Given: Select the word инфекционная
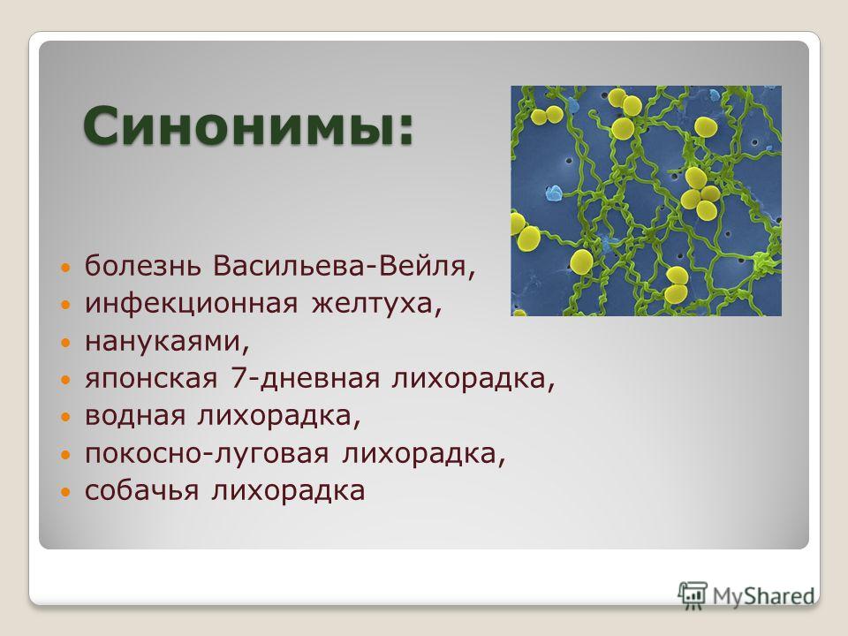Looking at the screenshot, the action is (192, 303).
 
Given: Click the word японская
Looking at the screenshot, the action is (151, 379).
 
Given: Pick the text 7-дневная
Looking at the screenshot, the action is (305, 378).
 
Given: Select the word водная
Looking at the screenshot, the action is (134, 415).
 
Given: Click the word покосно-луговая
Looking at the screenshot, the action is (207, 454).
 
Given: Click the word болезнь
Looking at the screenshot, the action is (143, 266).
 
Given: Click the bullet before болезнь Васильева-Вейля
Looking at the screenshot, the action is (65, 268).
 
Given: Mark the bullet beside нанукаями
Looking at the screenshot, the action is (65, 343).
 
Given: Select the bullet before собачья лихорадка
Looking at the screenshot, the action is (65, 493).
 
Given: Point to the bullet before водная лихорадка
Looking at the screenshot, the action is (65, 418).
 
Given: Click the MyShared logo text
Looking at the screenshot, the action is (763, 596).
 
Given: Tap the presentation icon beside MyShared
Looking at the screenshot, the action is (693, 594).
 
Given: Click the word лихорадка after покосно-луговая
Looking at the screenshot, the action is (424, 454).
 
